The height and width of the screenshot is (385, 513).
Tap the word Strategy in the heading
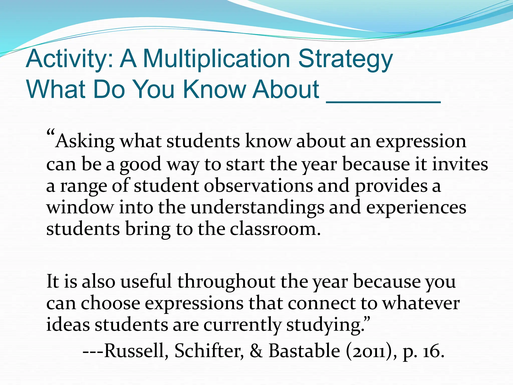[x=345, y=60]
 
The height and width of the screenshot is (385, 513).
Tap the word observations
[x=258, y=186]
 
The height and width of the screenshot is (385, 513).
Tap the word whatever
[x=421, y=303]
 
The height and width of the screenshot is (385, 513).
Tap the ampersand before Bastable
[x=256, y=350]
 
